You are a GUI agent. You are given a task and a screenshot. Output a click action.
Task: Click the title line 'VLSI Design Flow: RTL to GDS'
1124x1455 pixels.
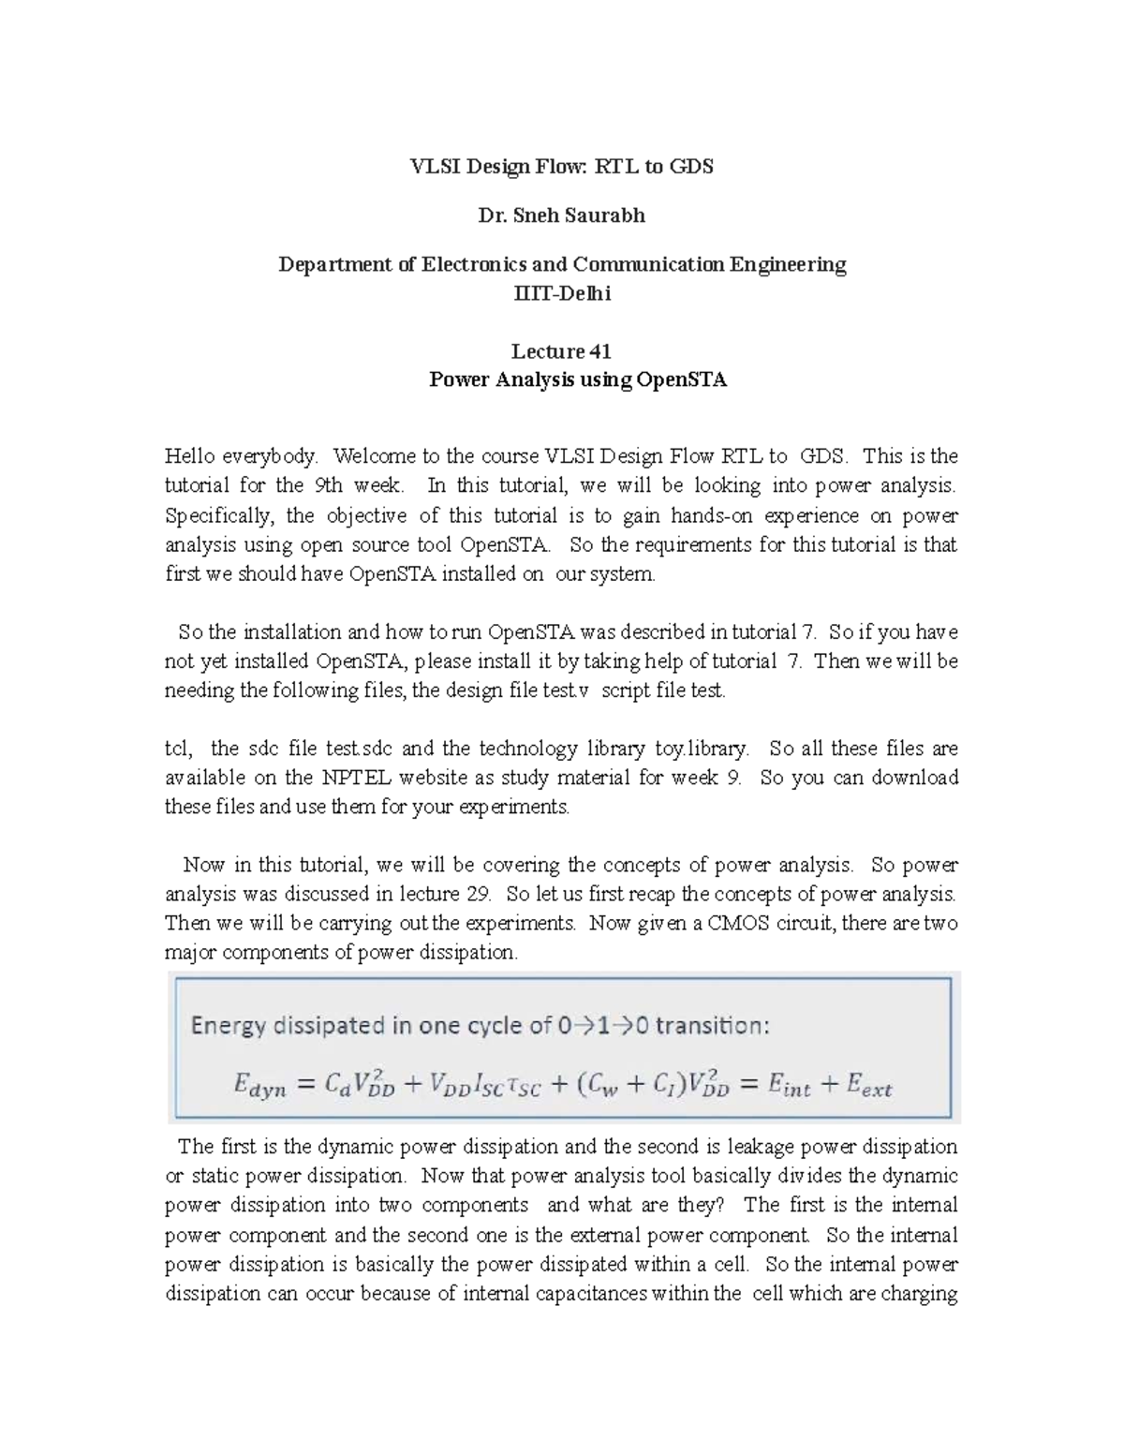click(x=562, y=167)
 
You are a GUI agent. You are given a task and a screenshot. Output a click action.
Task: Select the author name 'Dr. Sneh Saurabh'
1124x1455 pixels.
click(x=562, y=215)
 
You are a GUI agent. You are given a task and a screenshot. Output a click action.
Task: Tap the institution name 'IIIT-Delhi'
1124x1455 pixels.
click(x=562, y=294)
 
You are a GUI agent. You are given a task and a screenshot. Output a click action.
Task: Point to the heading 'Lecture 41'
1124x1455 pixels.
click(x=561, y=351)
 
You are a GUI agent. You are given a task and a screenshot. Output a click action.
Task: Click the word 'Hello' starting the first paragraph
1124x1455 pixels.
click(x=186, y=456)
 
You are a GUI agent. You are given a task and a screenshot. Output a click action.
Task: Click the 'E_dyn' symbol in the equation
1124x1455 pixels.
click(x=259, y=1086)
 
